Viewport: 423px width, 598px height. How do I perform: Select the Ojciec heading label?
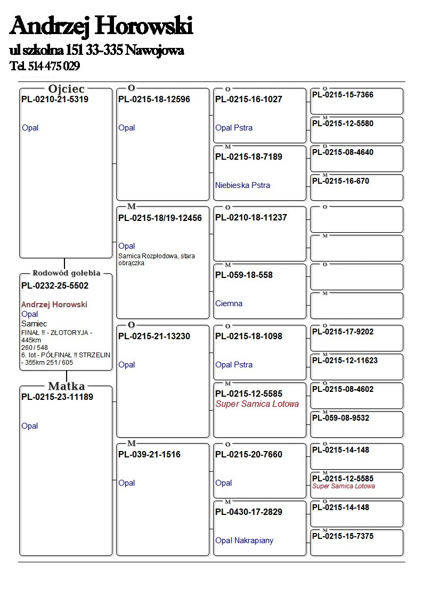[66, 89]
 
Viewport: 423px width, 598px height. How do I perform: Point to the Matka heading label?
[66, 387]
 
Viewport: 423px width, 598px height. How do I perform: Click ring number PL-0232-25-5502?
[55, 286]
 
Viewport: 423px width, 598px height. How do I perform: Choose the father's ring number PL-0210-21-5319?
[55, 100]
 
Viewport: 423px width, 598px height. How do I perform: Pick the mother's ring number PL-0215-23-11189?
[57, 397]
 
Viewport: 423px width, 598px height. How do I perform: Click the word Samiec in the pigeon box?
[34, 324]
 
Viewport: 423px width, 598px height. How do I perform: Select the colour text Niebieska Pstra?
[242, 185]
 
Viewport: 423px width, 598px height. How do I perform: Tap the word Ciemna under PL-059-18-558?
[229, 304]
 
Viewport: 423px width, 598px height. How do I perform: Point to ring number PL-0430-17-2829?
[249, 512]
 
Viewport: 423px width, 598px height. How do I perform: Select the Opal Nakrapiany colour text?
[244, 540]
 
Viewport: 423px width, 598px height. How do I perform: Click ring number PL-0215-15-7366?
[343, 95]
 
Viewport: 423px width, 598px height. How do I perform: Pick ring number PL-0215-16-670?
[340, 182]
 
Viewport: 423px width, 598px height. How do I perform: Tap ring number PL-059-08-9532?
[340, 419]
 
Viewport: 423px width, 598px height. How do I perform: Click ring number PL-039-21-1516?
[149, 455]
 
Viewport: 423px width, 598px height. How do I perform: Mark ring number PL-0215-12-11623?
[345, 361]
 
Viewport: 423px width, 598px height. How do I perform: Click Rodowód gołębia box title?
[66, 273]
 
